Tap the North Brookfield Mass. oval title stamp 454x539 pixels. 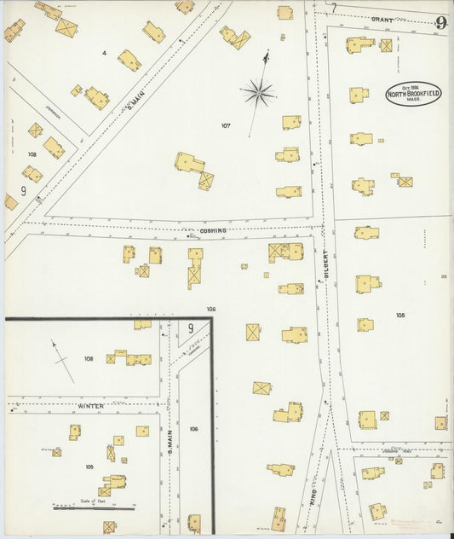(x=413, y=93)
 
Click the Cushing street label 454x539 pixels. (x=213, y=230)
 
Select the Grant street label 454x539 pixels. (x=382, y=18)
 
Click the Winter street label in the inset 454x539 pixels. (x=91, y=406)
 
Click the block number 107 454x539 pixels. (x=226, y=125)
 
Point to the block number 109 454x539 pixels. (x=89, y=467)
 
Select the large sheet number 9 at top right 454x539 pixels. (x=440, y=23)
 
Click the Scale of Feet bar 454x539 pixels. (x=94, y=507)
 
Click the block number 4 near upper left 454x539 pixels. (x=104, y=53)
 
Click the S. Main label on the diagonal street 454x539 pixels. (x=133, y=105)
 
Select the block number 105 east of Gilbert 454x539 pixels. (x=400, y=315)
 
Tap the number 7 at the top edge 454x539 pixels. (x=334, y=8)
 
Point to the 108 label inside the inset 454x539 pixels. (x=89, y=359)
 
